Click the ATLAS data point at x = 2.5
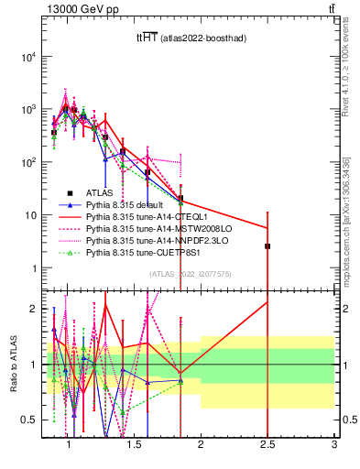267,246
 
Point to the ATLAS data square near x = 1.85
180,199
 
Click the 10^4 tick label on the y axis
28,57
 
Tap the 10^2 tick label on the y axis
28,163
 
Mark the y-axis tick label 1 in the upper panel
32,268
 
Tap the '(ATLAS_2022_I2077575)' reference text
190,274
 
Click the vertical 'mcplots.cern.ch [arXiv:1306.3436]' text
348,220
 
